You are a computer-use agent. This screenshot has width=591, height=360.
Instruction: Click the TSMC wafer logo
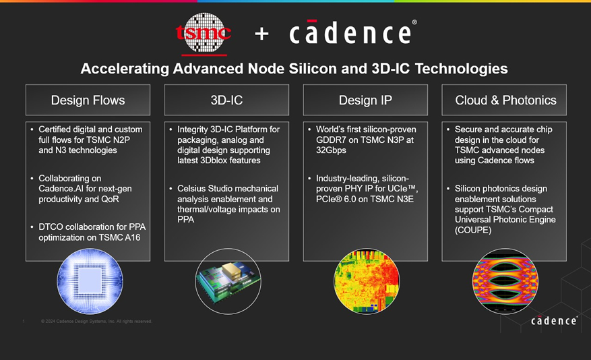(204, 33)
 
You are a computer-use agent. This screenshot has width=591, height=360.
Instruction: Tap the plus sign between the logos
(261, 34)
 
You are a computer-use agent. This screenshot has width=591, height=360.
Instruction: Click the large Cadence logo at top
(353, 32)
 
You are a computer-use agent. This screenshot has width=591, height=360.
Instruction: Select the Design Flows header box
(88, 100)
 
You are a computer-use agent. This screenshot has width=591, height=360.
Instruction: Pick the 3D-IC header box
(226, 100)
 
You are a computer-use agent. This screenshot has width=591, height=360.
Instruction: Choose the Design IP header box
(365, 100)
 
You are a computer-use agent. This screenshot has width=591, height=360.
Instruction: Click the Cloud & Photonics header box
(504, 100)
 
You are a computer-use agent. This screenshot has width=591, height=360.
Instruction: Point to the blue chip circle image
(90, 281)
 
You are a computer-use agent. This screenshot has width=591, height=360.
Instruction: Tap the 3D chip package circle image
(228, 281)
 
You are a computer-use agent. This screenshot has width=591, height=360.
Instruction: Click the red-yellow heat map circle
(367, 281)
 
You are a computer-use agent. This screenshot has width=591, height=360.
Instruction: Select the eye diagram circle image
(505, 281)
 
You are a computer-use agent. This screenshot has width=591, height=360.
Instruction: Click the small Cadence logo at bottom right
(554, 320)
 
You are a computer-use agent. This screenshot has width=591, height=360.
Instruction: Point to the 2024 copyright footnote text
(96, 321)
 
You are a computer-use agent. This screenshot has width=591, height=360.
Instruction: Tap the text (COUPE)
(473, 230)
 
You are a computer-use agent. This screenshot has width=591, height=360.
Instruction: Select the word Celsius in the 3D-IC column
(192, 189)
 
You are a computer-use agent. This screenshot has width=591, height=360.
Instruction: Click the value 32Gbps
(331, 150)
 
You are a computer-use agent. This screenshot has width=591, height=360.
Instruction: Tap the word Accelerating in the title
(125, 69)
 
